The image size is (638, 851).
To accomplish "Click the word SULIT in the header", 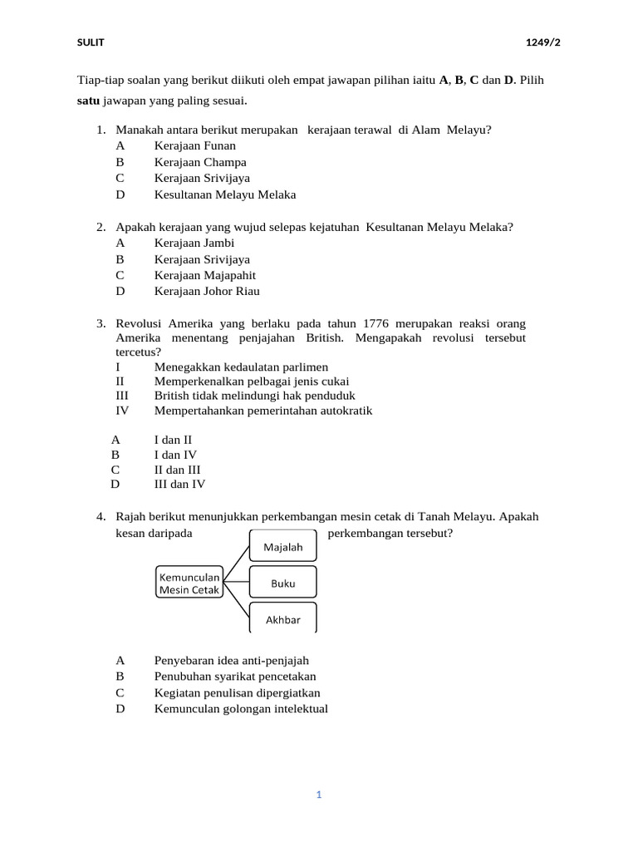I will (91, 42).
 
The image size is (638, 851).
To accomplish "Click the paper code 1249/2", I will (542, 42).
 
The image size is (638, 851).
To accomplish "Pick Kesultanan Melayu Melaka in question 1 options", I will (224, 194).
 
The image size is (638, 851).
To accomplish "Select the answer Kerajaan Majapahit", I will (204, 275).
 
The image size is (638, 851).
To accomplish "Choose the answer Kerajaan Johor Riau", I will (207, 291).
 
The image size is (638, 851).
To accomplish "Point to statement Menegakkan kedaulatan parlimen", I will (241, 366).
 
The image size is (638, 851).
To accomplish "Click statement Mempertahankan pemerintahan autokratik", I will (263, 410).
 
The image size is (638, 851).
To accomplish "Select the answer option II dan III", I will (177, 469).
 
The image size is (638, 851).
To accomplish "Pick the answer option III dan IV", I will (179, 484).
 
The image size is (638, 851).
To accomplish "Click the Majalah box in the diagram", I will (282, 547).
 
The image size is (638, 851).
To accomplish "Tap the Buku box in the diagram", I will (282, 583).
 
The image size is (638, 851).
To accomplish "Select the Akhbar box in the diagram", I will (282, 619).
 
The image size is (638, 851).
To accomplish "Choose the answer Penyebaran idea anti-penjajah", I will (231, 660).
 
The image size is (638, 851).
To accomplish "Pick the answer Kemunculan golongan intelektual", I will (241, 709).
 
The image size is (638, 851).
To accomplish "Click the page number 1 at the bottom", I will (318, 794).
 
